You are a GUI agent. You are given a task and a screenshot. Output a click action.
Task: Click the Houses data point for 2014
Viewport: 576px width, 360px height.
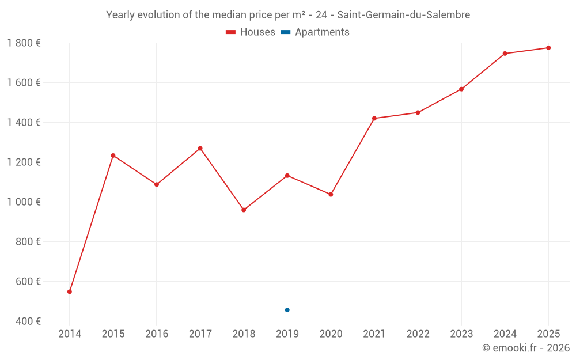(x=70, y=291)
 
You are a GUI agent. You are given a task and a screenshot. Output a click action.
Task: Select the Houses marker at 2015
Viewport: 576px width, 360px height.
(x=113, y=156)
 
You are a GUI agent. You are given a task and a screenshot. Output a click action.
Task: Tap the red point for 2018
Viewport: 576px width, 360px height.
(x=244, y=210)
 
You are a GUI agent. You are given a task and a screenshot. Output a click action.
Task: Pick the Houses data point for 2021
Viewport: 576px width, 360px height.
(x=374, y=118)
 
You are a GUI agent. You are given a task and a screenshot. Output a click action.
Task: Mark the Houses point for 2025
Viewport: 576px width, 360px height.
(x=548, y=48)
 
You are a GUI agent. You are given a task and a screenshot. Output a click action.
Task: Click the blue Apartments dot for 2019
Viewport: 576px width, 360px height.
(x=287, y=310)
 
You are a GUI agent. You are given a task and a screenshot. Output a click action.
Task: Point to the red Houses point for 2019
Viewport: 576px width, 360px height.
(x=287, y=176)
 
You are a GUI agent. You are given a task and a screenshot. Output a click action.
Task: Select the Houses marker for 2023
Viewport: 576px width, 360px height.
(x=461, y=89)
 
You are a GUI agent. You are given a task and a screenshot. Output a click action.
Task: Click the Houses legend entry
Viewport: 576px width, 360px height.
(x=251, y=32)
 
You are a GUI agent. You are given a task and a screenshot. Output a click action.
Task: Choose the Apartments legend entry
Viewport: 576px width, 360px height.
(x=315, y=32)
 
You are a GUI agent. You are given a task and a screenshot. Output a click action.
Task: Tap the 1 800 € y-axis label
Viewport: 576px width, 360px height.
(x=24, y=43)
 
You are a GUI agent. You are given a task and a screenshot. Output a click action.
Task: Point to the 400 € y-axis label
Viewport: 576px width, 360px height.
(x=28, y=321)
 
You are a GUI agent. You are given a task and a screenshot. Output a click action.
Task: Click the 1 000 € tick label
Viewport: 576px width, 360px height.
(x=24, y=202)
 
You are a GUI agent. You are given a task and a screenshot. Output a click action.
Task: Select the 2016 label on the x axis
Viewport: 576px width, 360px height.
(x=157, y=334)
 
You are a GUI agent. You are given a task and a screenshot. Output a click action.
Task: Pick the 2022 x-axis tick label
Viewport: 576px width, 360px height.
(x=418, y=334)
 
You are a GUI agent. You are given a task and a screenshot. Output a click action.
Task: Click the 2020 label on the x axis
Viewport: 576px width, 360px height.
(x=331, y=334)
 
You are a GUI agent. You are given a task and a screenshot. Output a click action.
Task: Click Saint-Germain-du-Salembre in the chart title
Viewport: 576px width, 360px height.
(x=403, y=15)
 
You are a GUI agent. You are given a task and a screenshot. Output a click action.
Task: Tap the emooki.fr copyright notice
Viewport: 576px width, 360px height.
(x=526, y=347)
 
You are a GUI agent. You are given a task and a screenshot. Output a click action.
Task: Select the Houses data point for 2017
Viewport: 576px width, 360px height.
(x=200, y=149)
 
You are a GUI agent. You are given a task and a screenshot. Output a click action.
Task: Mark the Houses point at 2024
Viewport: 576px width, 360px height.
(x=505, y=54)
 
